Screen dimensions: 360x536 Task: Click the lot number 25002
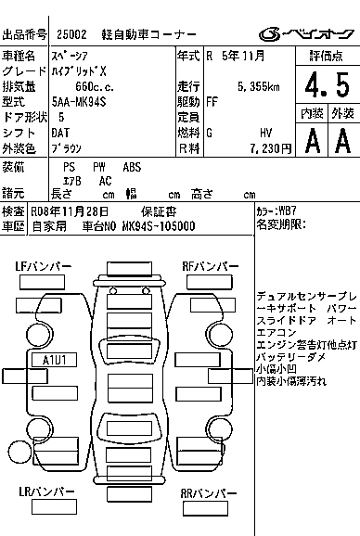71,34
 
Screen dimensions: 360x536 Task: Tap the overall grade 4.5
328,84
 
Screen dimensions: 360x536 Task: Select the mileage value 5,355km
259,87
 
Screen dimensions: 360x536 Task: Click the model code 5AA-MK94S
79,102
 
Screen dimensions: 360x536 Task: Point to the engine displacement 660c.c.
95,87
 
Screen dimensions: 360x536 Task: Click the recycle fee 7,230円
270,148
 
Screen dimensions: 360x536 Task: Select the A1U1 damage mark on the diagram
55,360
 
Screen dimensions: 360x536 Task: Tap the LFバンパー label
44,266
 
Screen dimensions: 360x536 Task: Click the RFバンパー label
211,266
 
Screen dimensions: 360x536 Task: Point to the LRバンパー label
46,491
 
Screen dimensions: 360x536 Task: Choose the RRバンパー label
209,493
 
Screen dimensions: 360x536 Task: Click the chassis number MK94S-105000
159,226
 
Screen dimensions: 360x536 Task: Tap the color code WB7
288,211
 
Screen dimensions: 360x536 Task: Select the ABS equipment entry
132,167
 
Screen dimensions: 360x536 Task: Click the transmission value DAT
60,133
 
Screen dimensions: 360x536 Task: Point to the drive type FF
212,102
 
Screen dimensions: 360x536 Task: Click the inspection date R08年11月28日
70,211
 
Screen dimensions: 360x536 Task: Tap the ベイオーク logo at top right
306,34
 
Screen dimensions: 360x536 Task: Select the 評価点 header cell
326,56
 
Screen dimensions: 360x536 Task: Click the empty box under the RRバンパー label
205,508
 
